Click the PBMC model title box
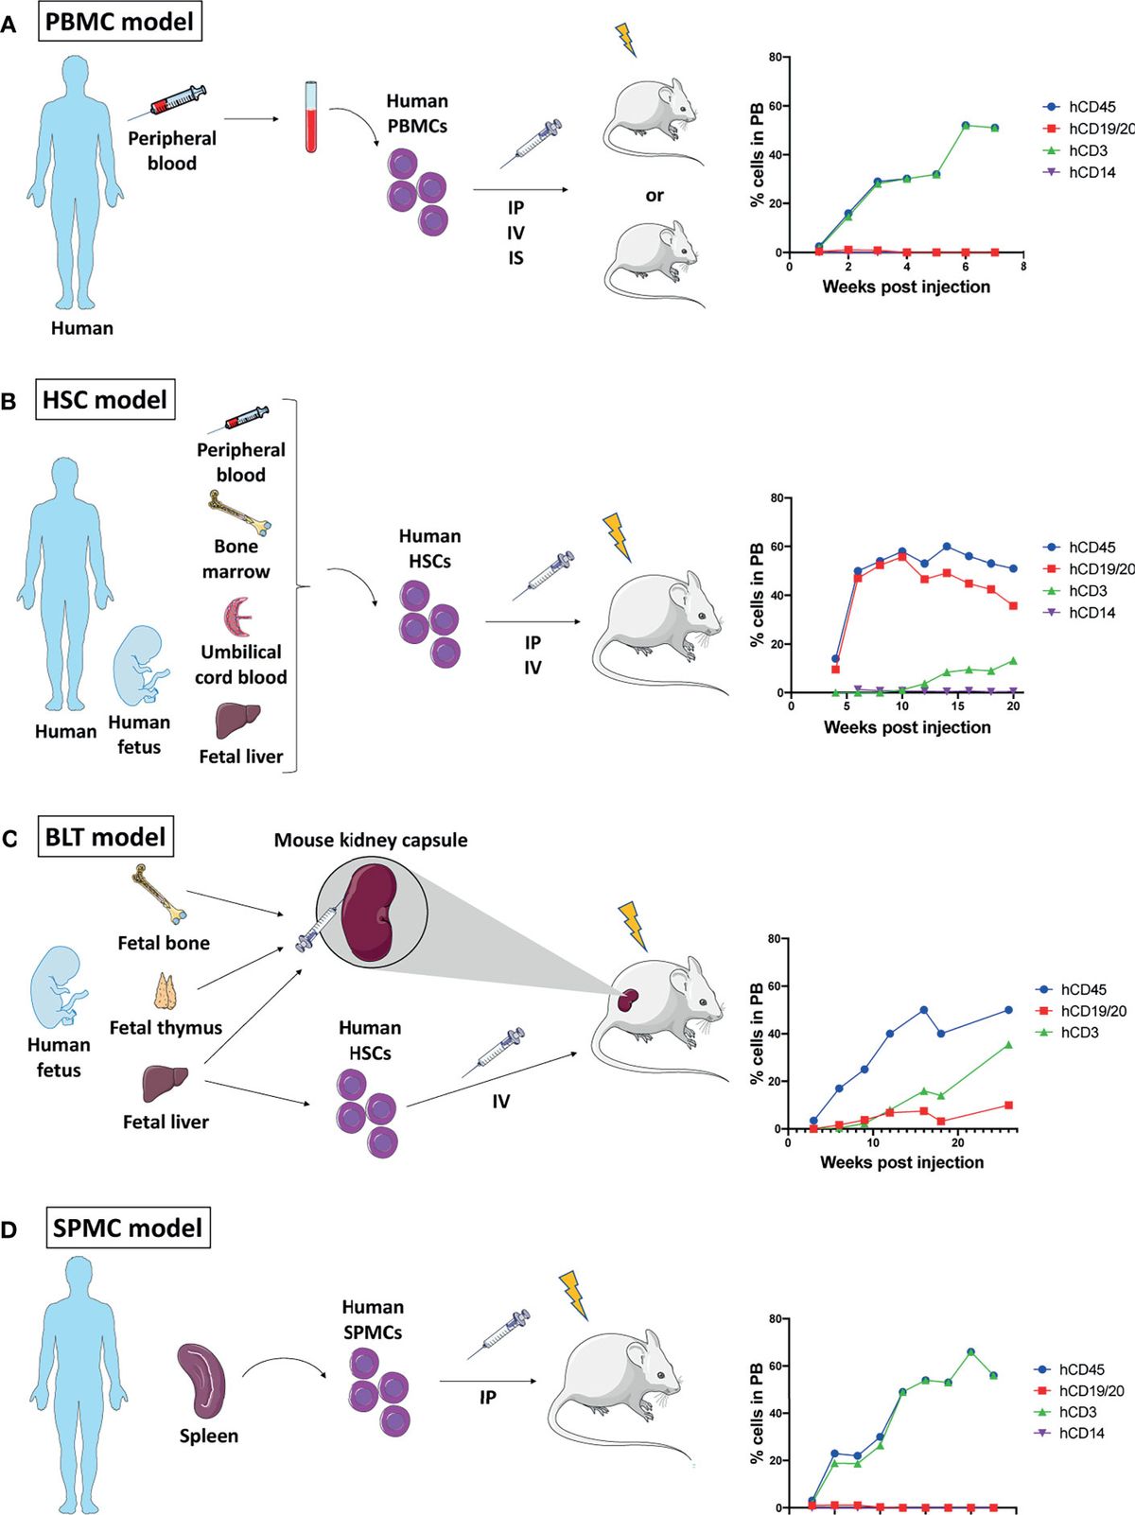(x=119, y=22)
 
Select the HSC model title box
(x=105, y=400)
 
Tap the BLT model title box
(x=106, y=837)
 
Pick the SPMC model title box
(x=128, y=1228)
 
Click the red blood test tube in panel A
(x=311, y=117)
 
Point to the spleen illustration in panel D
(x=201, y=1382)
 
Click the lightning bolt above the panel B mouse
(x=617, y=536)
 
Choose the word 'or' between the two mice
(x=655, y=196)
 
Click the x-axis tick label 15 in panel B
(x=958, y=706)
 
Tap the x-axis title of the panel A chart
(x=906, y=287)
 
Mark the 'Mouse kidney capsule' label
(x=371, y=840)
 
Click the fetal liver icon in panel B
(x=237, y=721)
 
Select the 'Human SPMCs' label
(x=373, y=1319)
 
